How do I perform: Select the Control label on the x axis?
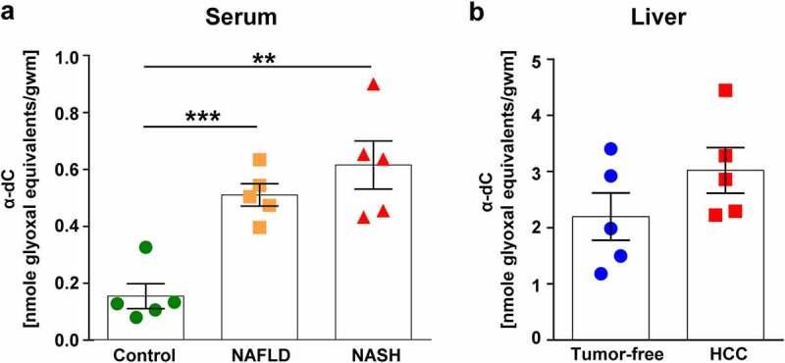145,354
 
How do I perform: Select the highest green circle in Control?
145,247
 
